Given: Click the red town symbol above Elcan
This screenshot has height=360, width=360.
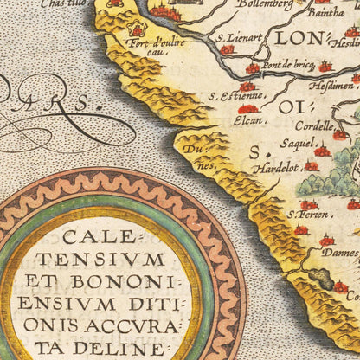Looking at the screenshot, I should [248, 109].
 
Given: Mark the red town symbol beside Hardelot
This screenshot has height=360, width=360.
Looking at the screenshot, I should [311, 165].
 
